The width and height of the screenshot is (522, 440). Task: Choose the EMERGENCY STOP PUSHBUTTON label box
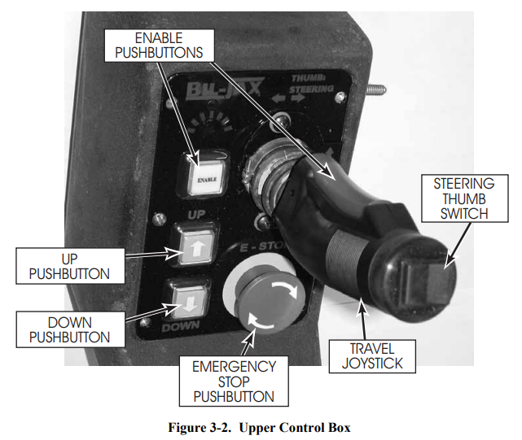coord(233,381)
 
